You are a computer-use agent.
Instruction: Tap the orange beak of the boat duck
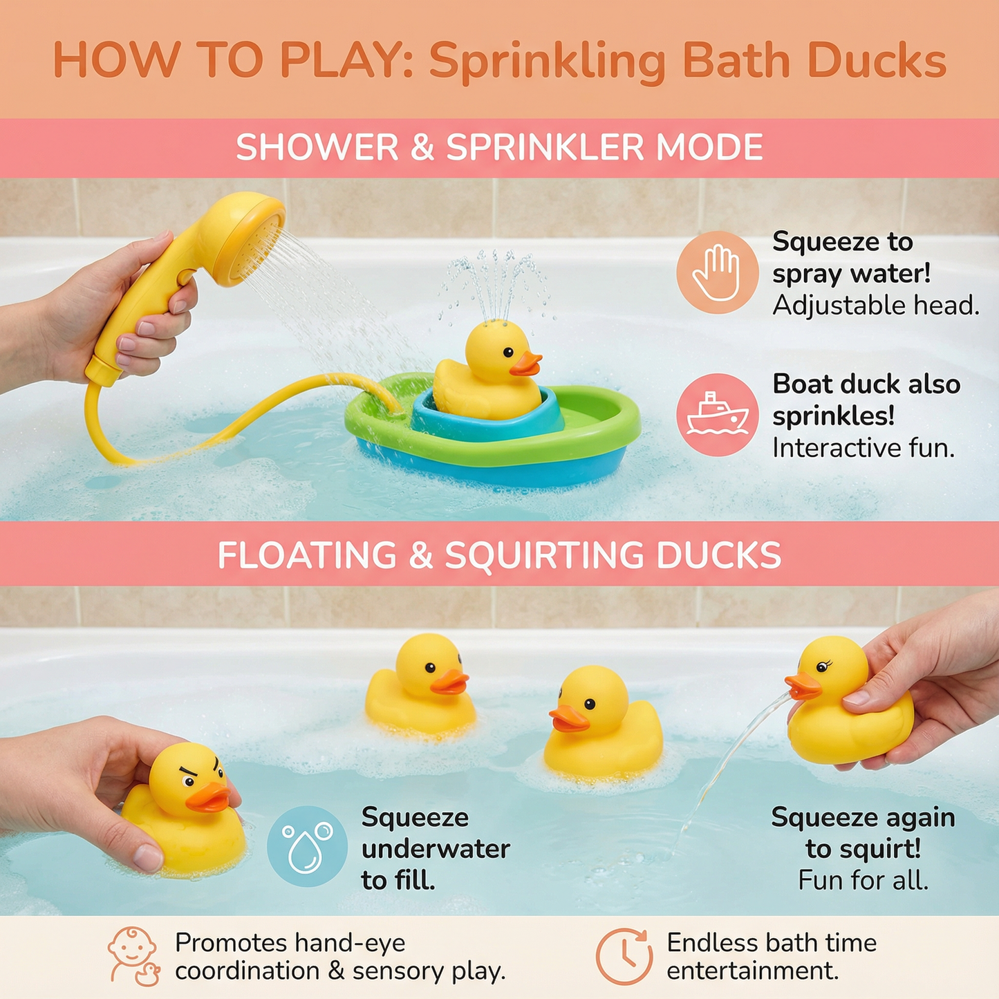(x=526, y=364)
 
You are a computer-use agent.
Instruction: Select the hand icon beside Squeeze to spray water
(x=718, y=272)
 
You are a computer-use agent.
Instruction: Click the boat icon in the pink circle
(x=717, y=416)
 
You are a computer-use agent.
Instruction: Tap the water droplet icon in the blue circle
(x=307, y=846)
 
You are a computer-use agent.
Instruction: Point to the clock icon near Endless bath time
(x=624, y=956)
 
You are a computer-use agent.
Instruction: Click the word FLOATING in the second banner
(x=307, y=555)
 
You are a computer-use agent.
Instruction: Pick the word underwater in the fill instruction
(x=436, y=848)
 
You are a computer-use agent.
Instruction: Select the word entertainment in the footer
(x=751, y=971)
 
